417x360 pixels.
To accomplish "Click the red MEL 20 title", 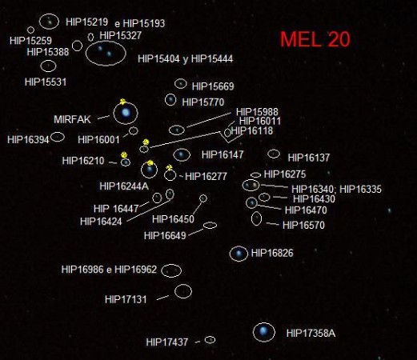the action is tap(315, 39).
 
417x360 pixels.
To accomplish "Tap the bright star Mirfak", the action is tap(126, 112).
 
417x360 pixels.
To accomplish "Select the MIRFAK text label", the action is tap(72, 119).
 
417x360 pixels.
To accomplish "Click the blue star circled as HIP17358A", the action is tap(263, 331).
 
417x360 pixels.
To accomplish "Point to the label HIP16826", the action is tap(272, 253).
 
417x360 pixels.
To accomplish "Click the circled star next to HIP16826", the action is tap(239, 253).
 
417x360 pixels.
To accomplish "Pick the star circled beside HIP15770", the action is tap(170, 100).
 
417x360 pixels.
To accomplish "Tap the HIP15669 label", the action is tap(213, 86).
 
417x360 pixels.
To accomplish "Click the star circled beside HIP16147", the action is tap(182, 154).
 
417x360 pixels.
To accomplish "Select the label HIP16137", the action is tap(309, 158).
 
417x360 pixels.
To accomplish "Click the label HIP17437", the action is tap(166, 342).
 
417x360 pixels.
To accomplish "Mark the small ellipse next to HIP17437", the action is tap(210, 337).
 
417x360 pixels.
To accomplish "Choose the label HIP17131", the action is tap(126, 299).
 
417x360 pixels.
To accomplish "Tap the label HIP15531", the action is tap(46, 82).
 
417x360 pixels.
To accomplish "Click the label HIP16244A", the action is tap(124, 186).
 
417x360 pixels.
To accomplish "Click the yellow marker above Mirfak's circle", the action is tap(122, 102).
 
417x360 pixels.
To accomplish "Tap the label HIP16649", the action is tap(165, 236).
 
